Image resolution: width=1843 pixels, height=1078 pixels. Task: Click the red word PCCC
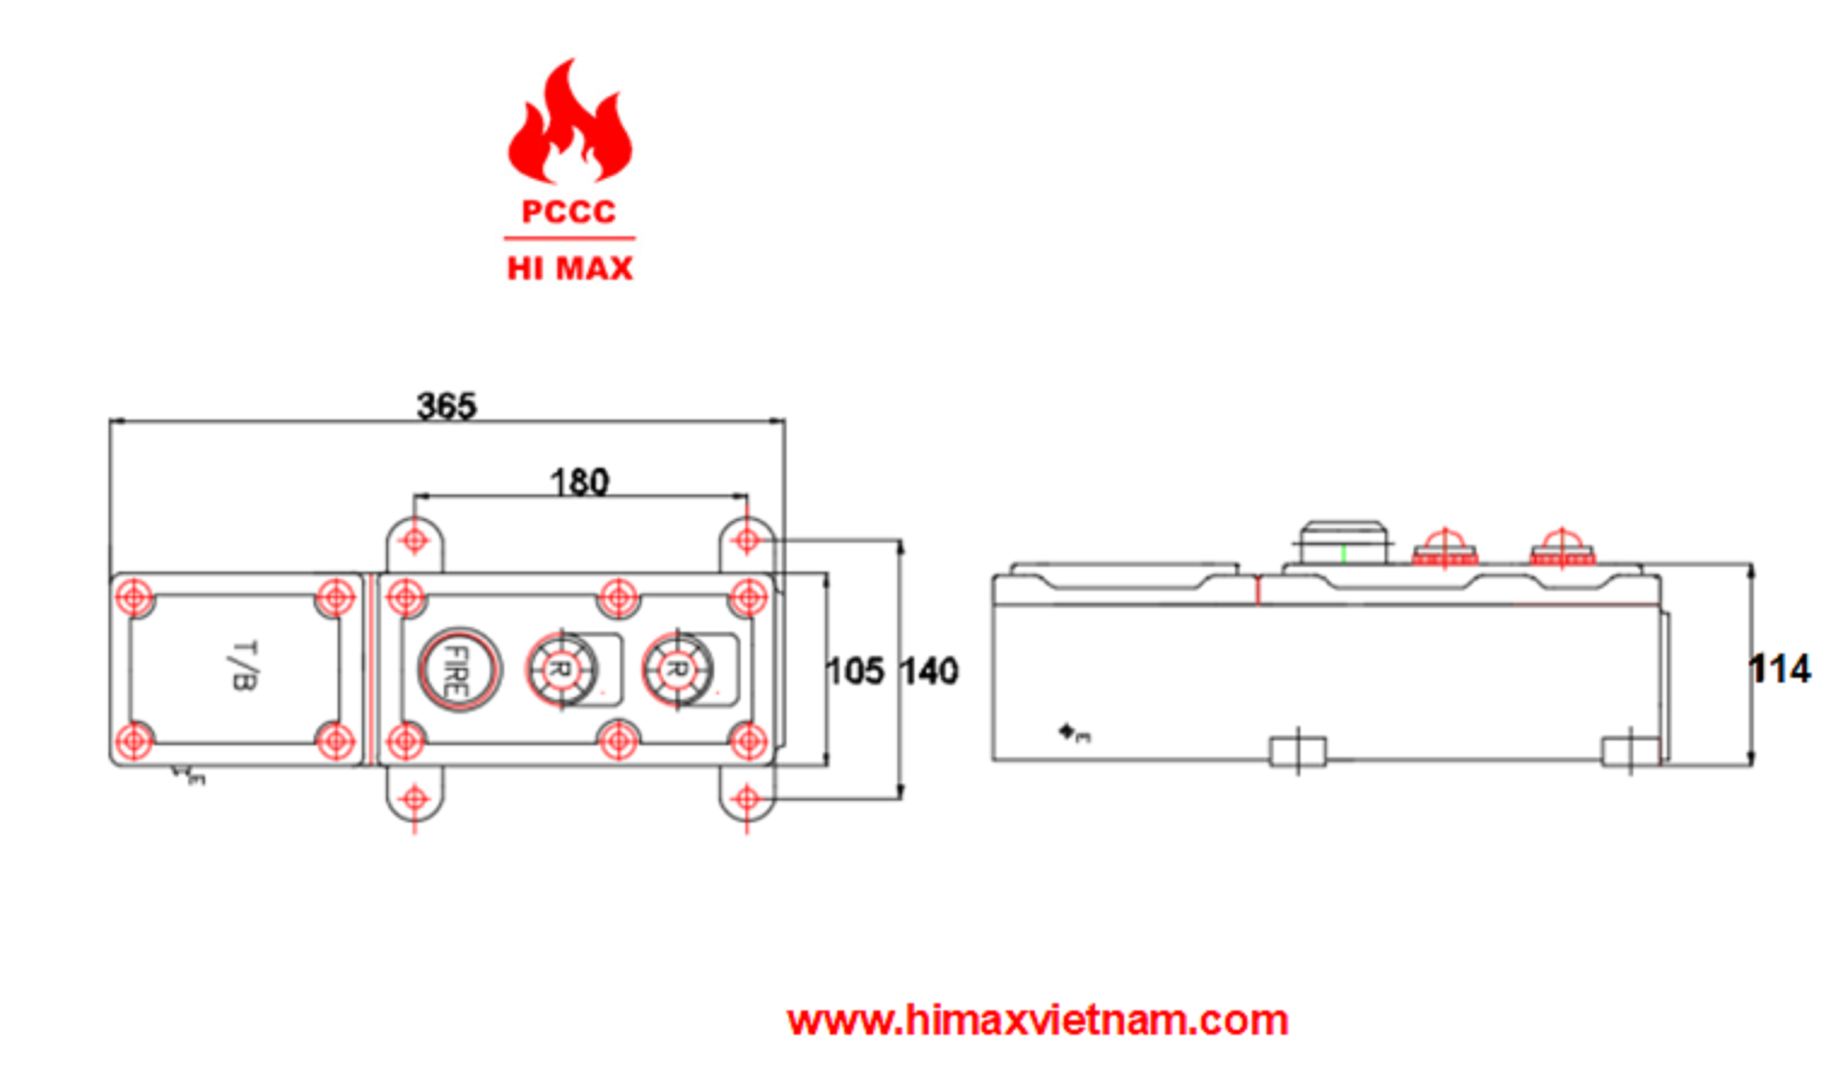[x=568, y=212]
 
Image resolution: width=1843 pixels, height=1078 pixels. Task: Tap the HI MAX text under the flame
[x=570, y=268]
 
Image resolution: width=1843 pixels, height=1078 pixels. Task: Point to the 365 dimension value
[x=446, y=406]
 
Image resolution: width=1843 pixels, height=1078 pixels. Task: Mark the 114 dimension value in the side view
[x=1779, y=669]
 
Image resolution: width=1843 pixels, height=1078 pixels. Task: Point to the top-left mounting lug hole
[x=415, y=541]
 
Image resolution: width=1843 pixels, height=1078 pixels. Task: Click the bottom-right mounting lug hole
[x=747, y=798]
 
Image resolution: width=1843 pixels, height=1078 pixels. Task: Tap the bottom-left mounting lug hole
[x=415, y=798]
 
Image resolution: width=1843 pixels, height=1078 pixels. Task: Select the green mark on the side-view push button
[x=1344, y=554]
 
